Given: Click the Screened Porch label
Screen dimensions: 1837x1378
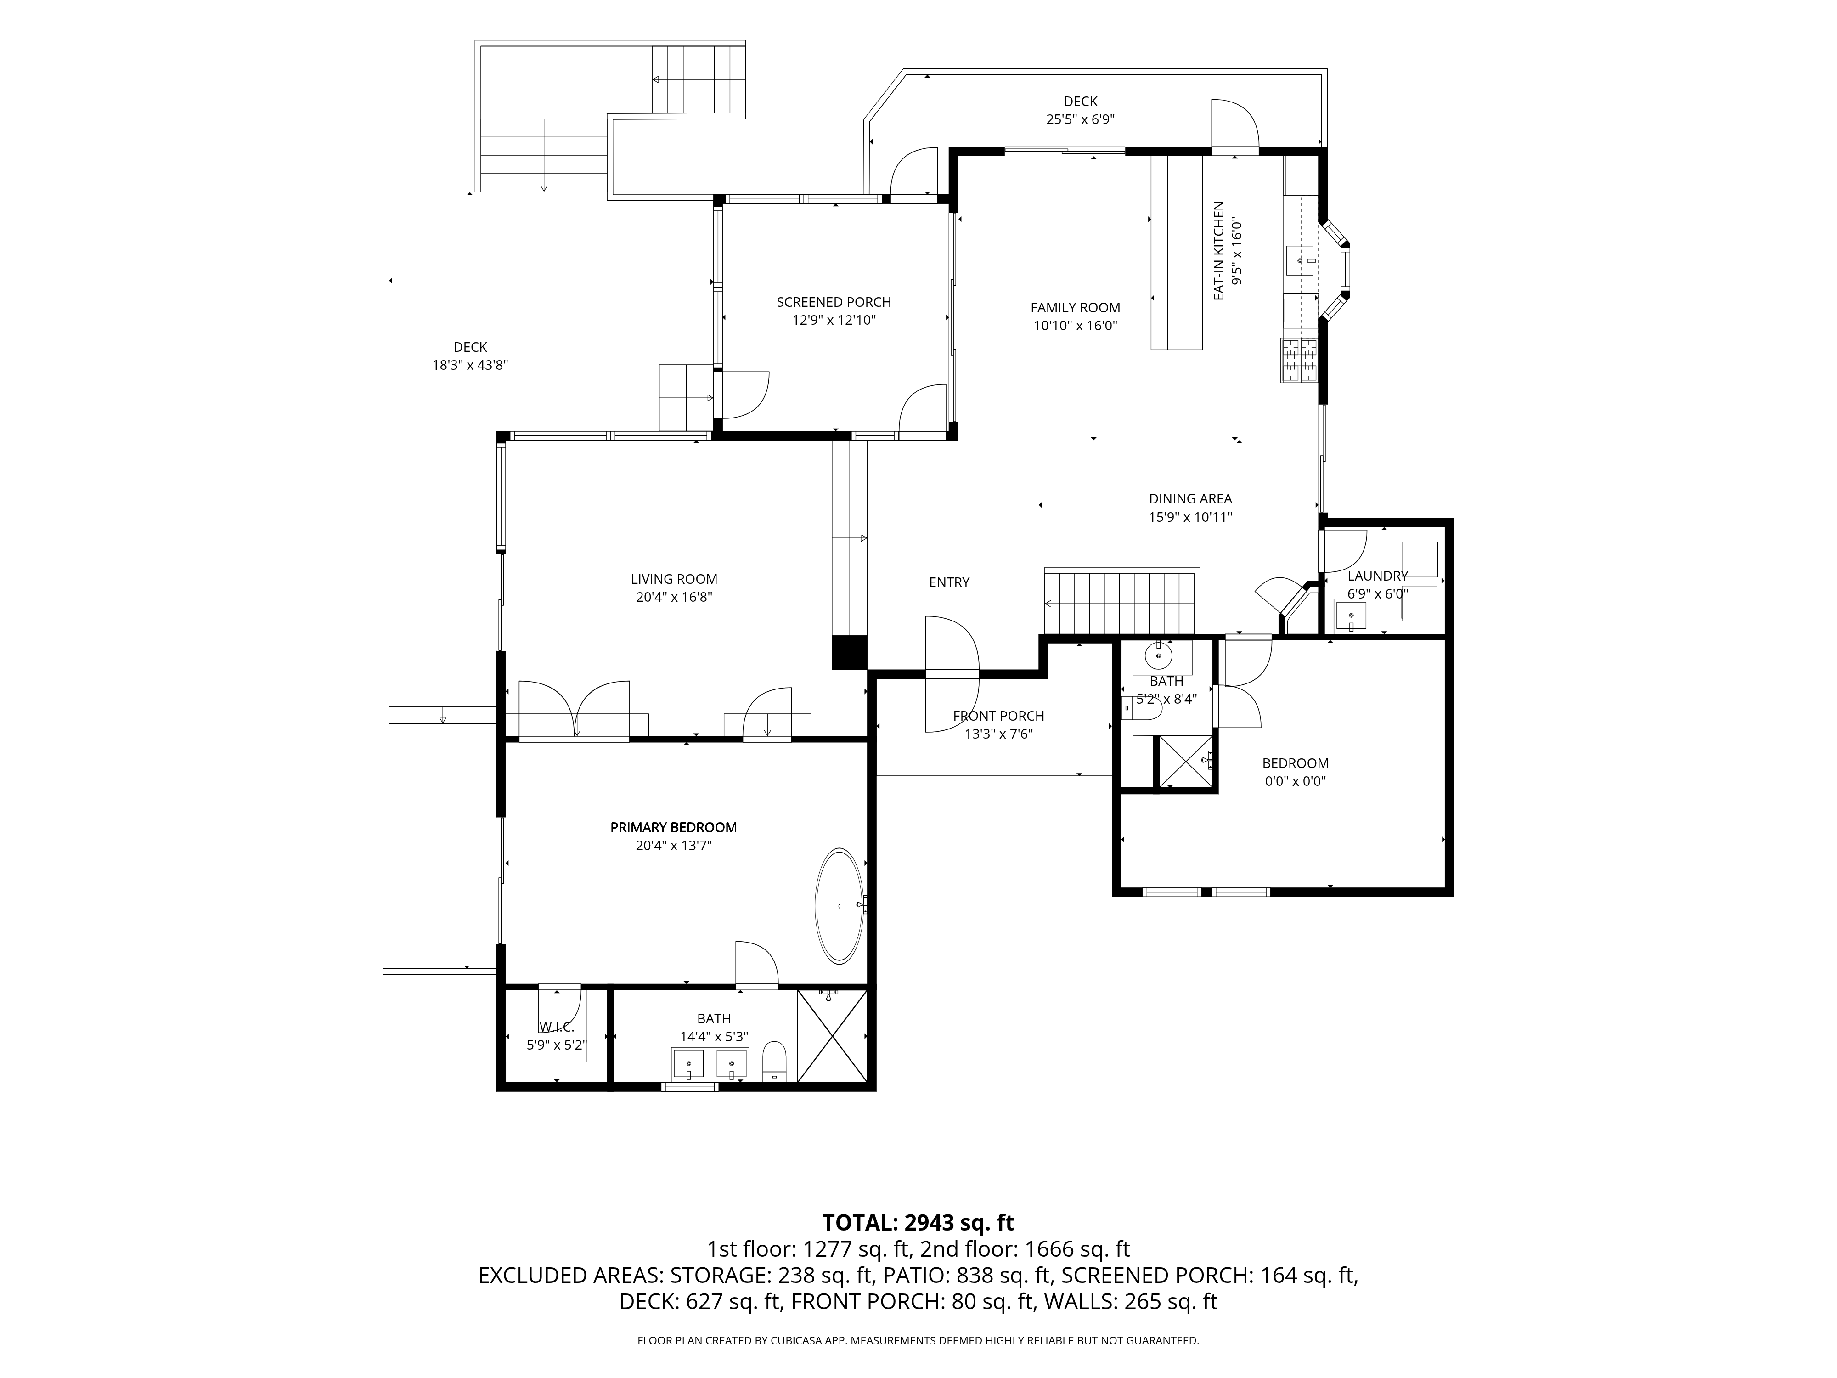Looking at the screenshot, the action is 834,302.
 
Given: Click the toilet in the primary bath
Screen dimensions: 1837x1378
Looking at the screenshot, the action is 774,1062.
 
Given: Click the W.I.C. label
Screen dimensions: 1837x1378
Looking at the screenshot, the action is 557,1028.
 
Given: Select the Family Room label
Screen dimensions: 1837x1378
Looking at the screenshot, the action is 1076,307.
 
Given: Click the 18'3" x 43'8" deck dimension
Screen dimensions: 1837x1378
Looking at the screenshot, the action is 470,365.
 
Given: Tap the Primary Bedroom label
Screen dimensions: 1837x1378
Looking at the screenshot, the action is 674,827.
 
